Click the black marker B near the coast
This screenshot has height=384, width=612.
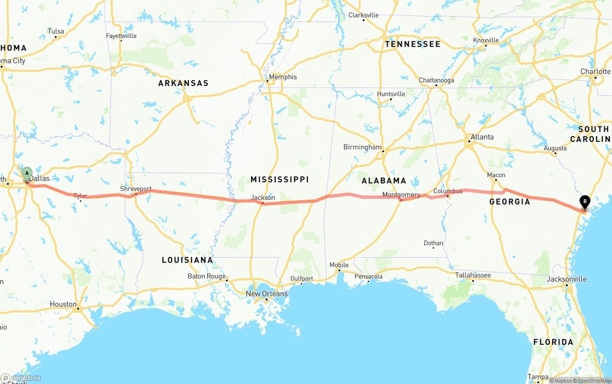click(584, 202)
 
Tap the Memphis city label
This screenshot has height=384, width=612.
click(283, 77)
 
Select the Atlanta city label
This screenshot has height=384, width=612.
click(482, 137)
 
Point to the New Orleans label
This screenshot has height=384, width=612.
click(267, 294)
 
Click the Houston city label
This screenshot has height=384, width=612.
click(63, 304)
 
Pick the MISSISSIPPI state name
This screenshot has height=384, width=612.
click(279, 179)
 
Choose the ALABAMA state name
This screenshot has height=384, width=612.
click(383, 181)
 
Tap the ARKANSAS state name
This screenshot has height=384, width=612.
click(183, 83)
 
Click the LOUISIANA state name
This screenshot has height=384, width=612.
click(187, 260)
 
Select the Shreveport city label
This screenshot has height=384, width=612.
click(136, 189)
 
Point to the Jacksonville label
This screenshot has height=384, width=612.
click(567, 279)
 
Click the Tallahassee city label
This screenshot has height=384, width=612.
click(473, 275)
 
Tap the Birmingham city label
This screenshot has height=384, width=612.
click(362, 147)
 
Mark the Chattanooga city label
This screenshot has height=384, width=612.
click(436, 80)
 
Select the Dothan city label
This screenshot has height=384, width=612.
click(433, 243)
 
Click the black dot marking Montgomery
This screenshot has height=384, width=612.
click(401, 200)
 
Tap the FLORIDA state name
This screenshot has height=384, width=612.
click(553, 342)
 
